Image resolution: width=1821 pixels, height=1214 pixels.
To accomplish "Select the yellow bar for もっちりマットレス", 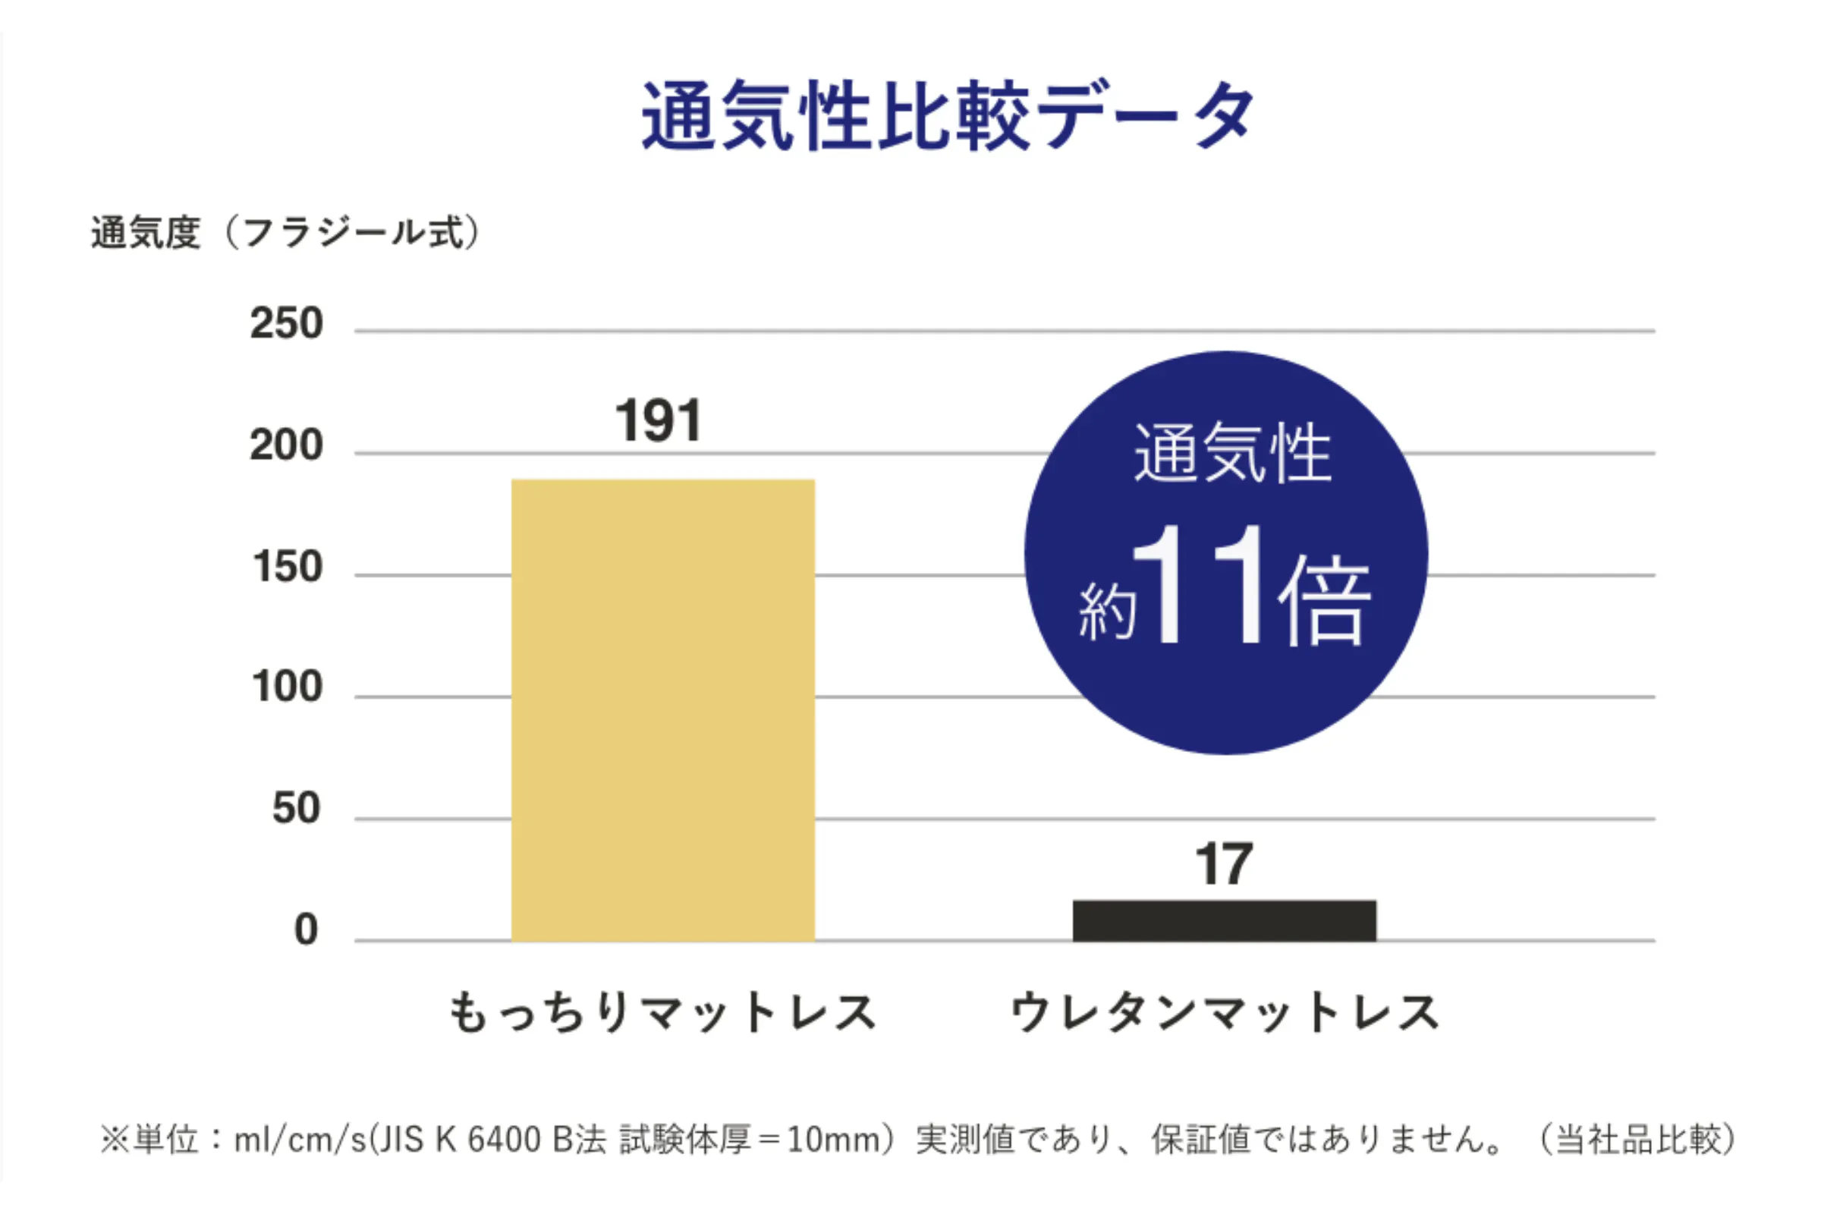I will pos(662,709).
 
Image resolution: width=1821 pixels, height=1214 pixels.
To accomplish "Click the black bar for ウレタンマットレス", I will pos(1224,920).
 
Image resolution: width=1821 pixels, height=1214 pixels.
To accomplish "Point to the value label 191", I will pos(659,421).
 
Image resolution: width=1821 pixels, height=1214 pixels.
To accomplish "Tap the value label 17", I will pos(1223,864).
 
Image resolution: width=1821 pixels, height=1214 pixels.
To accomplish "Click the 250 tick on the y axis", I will pos(286,323).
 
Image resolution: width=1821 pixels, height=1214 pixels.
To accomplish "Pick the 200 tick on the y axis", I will pos(286,445).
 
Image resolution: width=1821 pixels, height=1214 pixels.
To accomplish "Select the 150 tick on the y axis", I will pos(288,567).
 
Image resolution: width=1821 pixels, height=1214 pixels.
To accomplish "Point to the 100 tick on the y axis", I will pos(288,687).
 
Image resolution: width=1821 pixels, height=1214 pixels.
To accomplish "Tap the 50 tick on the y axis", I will pos(297,808).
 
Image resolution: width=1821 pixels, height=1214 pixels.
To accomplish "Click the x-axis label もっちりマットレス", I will pos(662,1012).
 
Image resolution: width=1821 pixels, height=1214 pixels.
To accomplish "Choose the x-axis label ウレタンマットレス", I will pos(1224,1012).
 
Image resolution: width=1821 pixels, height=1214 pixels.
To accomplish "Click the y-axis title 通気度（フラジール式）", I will pos(286,232).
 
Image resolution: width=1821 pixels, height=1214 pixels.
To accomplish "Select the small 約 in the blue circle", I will pos(1108,612).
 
